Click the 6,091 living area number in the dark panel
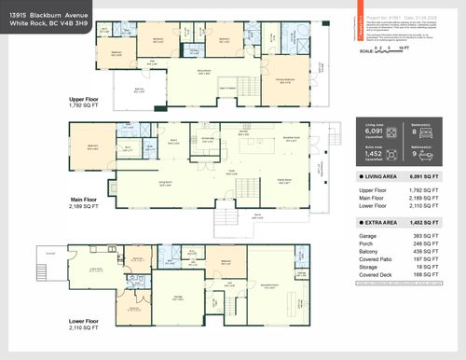coord(377,133)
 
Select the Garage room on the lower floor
coord(176,298)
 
